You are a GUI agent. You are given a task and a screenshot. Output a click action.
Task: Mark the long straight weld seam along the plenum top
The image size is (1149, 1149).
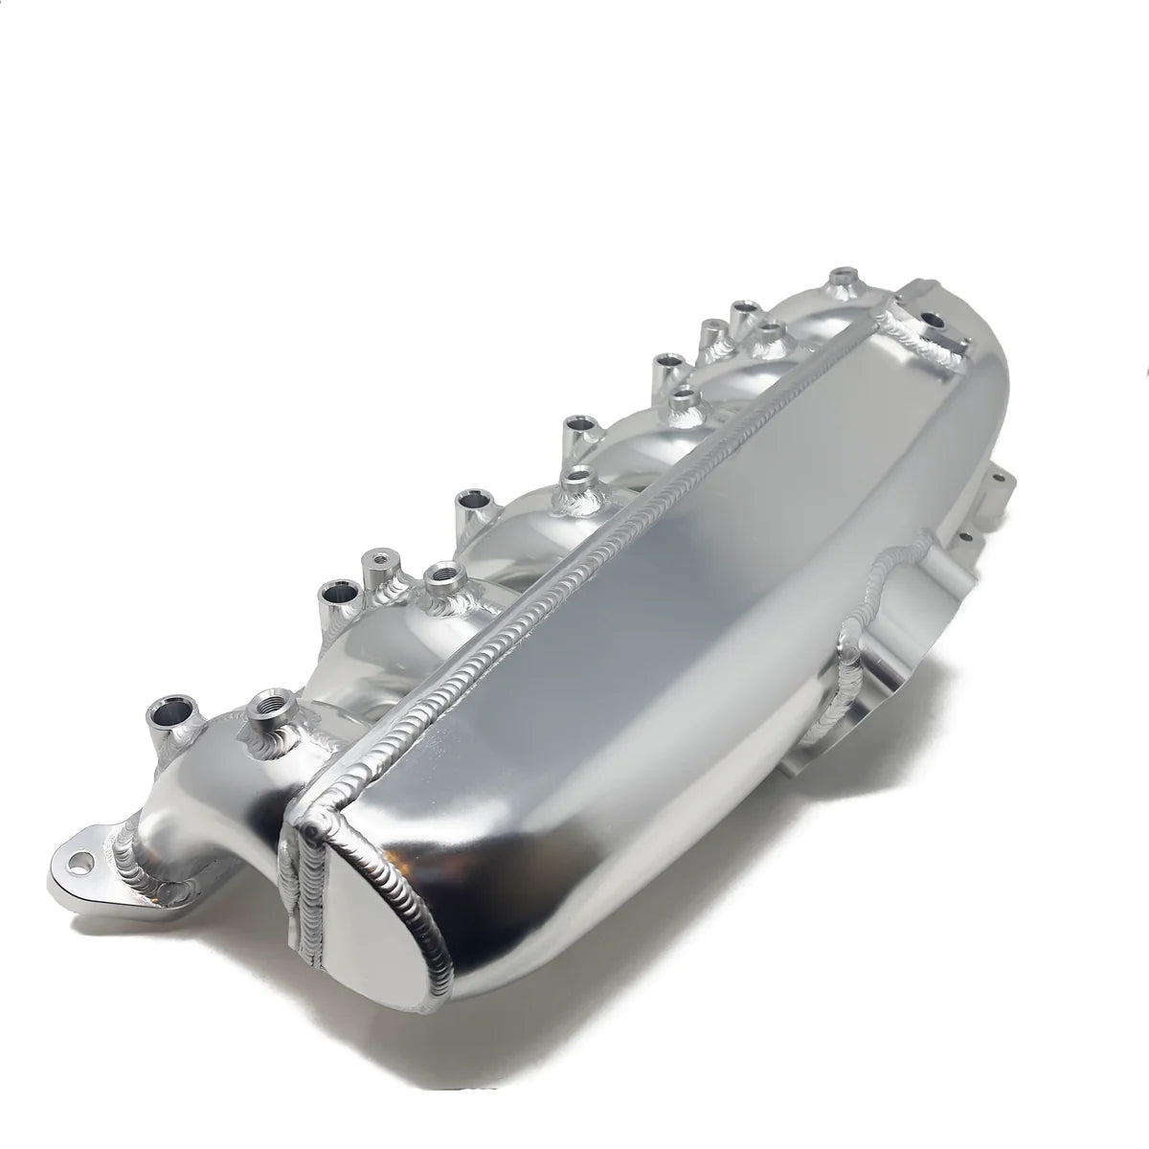[x=613, y=536]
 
